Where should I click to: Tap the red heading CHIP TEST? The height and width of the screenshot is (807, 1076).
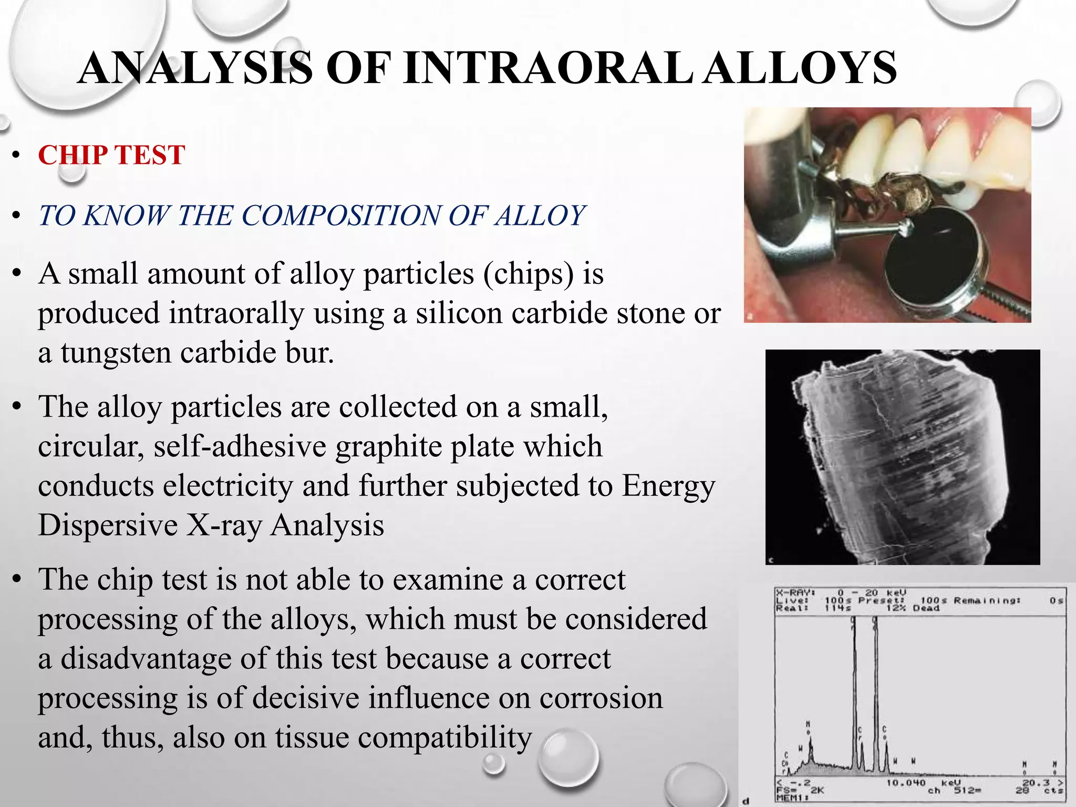[111, 156]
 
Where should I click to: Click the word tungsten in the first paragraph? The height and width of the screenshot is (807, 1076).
[116, 353]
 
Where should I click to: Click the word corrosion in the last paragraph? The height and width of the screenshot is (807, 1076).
[601, 698]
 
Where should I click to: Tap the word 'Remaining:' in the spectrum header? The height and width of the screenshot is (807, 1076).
[987, 600]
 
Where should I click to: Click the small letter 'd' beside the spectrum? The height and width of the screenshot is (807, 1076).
[746, 801]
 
